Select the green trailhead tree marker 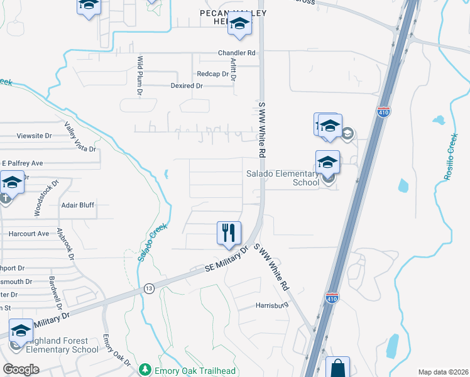coord(145,369)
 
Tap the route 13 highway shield coord(148,288)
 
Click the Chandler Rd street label coord(237,53)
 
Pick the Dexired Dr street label coord(188,85)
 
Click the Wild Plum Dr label coord(140,76)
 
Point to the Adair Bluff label coord(77,205)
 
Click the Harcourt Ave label coord(29,234)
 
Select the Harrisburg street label coord(271,305)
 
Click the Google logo coord(21,369)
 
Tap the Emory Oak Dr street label coord(117,351)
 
